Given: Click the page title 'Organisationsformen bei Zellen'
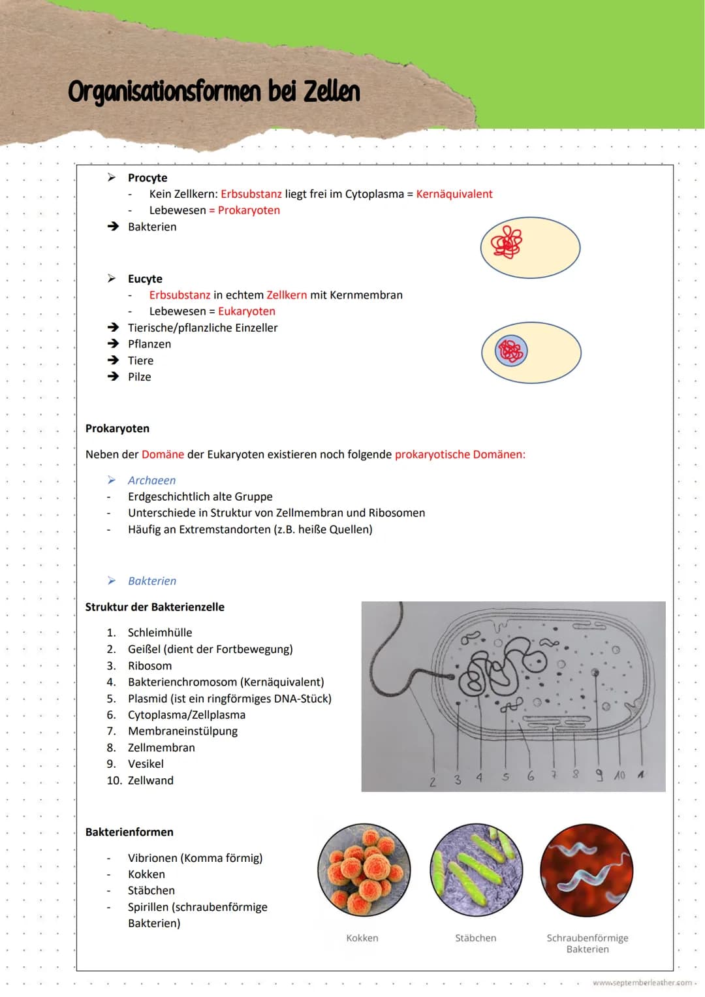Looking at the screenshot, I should tap(214, 92).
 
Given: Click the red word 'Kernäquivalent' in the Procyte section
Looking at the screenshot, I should tap(454, 194).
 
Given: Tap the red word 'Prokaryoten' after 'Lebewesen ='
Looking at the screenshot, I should tap(249, 210).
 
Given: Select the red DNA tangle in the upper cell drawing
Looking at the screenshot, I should tap(507, 242).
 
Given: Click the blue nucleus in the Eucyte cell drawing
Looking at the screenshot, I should tap(511, 351).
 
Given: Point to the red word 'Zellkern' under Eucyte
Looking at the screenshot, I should tap(287, 295).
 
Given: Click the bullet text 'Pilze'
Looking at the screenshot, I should tap(140, 377).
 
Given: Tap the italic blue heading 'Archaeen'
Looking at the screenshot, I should tap(151, 481).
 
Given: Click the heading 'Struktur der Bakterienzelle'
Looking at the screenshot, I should tap(155, 607).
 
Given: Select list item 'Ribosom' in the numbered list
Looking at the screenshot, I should tap(150, 666).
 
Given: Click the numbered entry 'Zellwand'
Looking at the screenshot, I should tap(151, 780).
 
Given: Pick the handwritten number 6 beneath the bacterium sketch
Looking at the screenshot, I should tap(530, 776).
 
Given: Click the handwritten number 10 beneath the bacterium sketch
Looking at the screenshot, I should tap(619, 775).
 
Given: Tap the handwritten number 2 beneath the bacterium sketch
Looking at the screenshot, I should tap(432, 782).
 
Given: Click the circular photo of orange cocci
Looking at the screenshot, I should tap(364, 870).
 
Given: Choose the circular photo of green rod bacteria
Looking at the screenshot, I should tap(476, 870).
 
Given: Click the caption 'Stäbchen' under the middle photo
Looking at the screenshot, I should tap(475, 938).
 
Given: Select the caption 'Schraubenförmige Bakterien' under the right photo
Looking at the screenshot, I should tap(587, 943).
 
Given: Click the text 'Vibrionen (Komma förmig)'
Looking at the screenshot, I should tap(195, 858).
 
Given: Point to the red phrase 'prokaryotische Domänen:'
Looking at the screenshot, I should tap(460, 454).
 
